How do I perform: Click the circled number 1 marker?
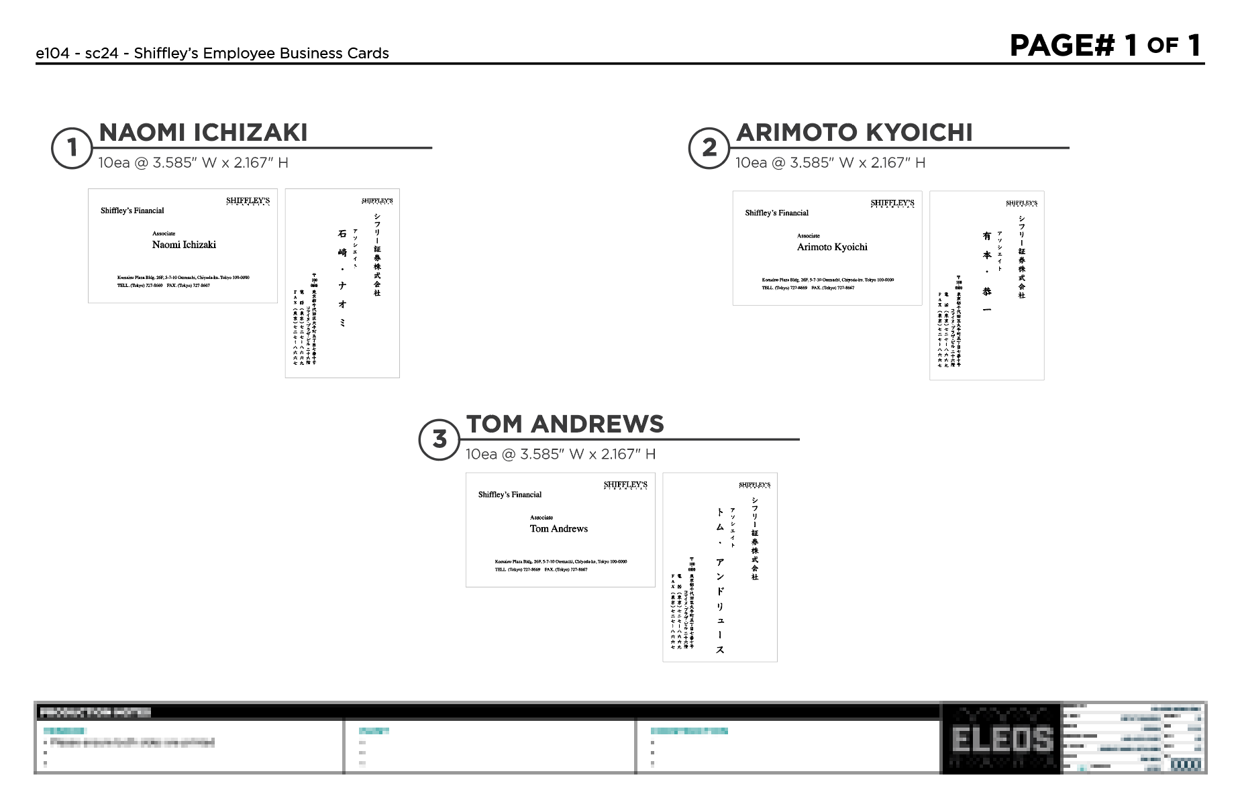(x=72, y=148)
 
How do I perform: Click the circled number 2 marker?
(x=709, y=148)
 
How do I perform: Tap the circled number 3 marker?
(x=439, y=440)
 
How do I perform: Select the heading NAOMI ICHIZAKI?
(x=203, y=133)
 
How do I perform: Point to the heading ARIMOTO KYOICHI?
(x=854, y=133)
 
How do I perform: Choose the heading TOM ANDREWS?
(x=565, y=424)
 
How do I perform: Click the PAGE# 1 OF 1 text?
(x=1104, y=46)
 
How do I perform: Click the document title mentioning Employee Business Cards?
(x=212, y=53)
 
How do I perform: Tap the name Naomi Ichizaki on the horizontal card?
(x=184, y=245)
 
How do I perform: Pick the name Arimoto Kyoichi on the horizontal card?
(x=832, y=247)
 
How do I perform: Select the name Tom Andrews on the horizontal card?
(x=558, y=528)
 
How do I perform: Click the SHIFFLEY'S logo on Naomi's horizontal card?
(x=248, y=201)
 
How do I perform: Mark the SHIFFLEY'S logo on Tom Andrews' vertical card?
(x=754, y=484)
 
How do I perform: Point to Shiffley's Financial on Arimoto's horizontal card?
(x=776, y=213)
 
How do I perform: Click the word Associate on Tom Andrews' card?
(x=541, y=518)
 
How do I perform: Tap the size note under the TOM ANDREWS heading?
(x=560, y=454)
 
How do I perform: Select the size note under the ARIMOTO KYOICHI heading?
(x=830, y=162)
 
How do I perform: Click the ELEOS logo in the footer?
(x=1002, y=739)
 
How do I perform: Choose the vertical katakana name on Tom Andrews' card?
(x=720, y=579)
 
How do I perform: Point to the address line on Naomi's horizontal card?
(x=183, y=277)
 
